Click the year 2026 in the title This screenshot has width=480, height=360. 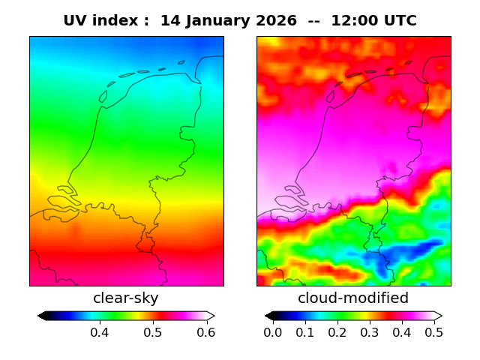tap(275, 21)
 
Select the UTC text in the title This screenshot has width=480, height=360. tap(398, 21)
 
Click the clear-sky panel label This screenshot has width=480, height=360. tap(126, 298)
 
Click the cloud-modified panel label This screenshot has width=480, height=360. tap(353, 298)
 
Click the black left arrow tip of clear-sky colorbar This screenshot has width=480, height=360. tap(40, 316)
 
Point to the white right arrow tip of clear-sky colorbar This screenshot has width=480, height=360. tap(212, 316)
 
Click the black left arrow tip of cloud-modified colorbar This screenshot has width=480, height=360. tap(268, 316)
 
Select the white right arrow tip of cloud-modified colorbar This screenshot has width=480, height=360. tap(439, 316)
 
